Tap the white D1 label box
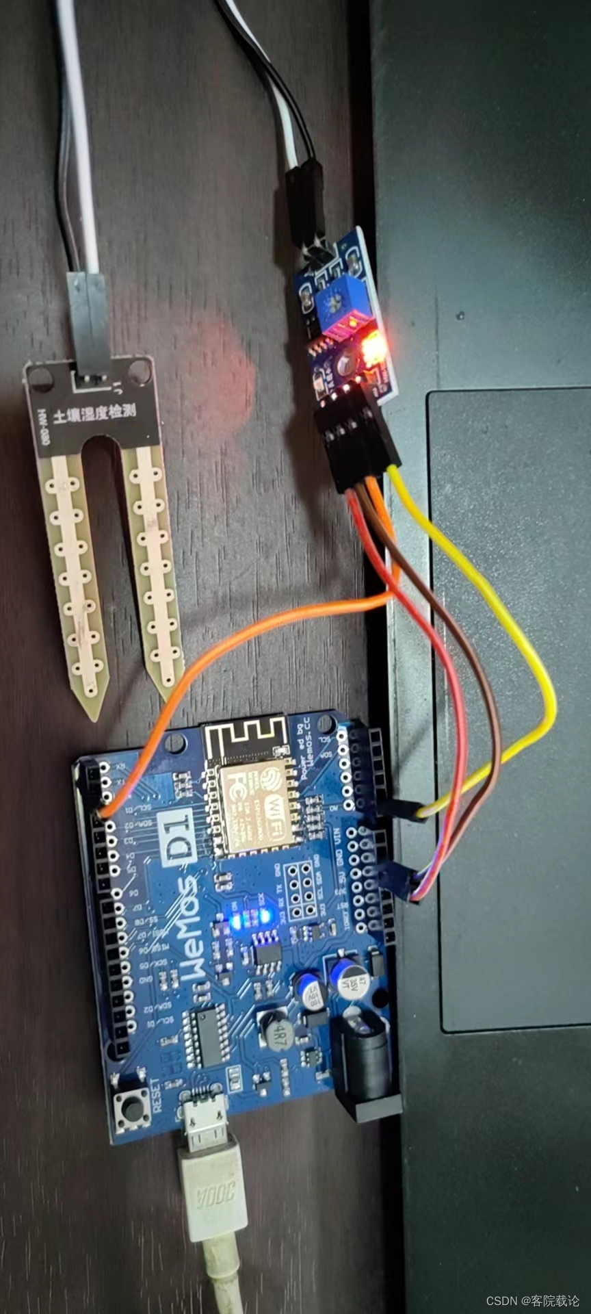tap(177, 839)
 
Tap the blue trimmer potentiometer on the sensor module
tap(340, 300)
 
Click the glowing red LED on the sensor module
tap(372, 348)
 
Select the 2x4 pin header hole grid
tap(302, 890)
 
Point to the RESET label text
tap(157, 1094)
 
